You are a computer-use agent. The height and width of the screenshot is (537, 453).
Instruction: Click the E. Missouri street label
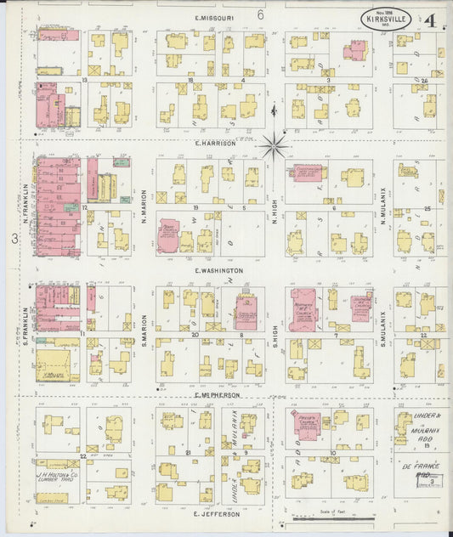pyautogui.click(x=214, y=17)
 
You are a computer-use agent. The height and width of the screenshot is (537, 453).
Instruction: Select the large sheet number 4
pyautogui.click(x=433, y=18)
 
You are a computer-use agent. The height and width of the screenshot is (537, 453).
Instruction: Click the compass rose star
pyautogui.click(x=274, y=145)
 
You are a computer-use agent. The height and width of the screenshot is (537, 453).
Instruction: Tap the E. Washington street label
pyautogui.click(x=218, y=271)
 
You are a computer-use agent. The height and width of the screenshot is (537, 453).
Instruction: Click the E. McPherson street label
pyautogui.click(x=218, y=395)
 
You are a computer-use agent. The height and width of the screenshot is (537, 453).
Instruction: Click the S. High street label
pyautogui.click(x=275, y=337)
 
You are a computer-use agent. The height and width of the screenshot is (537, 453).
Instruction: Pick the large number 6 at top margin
pyautogui.click(x=261, y=14)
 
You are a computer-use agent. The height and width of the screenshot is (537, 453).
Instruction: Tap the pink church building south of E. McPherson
pyautogui.click(x=302, y=423)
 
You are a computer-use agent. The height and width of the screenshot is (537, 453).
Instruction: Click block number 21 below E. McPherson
pyautogui.click(x=186, y=453)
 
